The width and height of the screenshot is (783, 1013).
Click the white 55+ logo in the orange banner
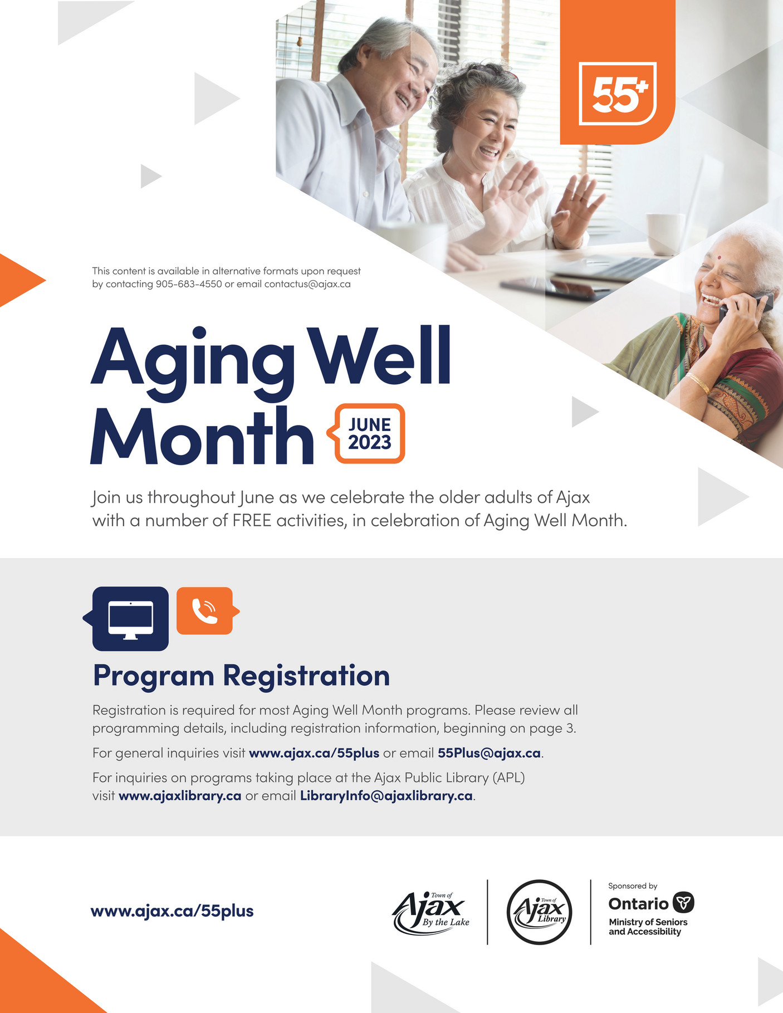pos(618,94)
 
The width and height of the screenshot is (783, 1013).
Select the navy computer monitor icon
pos(130,618)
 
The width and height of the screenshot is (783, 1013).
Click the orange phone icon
pos(205,611)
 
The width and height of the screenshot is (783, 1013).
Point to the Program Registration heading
pos(241,676)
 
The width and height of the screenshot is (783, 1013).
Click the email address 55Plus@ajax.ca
pos(489,753)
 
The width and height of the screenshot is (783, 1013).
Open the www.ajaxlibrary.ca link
pos(180,795)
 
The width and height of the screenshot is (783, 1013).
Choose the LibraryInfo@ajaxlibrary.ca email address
pos(386,795)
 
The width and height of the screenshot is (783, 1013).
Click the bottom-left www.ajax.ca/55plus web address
pos(172,911)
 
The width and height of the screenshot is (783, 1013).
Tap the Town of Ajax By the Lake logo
pos(431,912)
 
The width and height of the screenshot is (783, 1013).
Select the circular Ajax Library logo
pos(539,912)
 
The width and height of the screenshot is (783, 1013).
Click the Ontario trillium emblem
pos(683,902)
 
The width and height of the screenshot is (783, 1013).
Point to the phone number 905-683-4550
pos(189,284)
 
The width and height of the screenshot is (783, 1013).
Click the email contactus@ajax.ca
pos(307,284)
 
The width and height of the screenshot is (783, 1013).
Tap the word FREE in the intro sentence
pos(252,520)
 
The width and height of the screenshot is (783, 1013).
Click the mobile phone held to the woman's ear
pos(746,307)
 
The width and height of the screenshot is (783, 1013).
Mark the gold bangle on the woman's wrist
pos(697,382)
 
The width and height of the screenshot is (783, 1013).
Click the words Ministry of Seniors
pos(648,922)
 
